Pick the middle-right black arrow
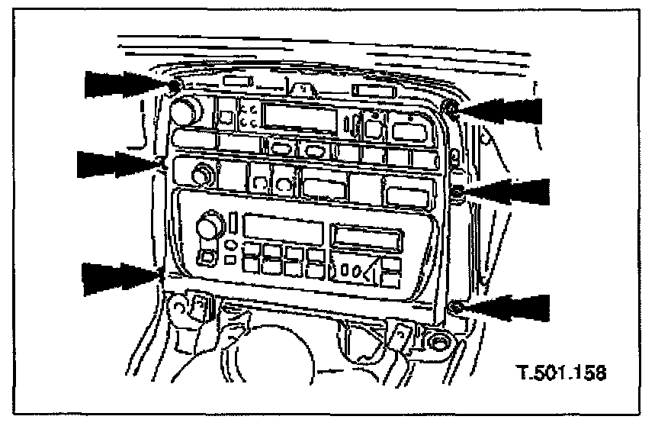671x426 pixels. coord(505,192)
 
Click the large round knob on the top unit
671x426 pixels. coord(184,112)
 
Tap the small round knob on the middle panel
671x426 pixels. coord(203,176)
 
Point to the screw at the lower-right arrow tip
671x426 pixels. coord(455,307)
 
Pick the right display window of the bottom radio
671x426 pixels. coord(370,237)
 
